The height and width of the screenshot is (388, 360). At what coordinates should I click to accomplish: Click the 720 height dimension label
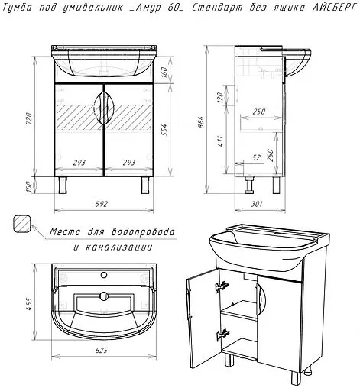[30, 118]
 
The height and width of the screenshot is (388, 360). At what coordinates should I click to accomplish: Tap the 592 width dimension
[102, 204]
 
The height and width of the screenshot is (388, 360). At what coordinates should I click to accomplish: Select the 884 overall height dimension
[201, 122]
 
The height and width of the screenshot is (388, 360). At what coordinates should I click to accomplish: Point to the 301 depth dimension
[257, 204]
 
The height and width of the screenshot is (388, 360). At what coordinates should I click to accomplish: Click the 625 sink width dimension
[102, 351]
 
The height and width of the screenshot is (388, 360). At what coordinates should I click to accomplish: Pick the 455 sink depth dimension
[30, 304]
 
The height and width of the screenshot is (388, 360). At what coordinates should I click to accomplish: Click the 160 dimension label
[164, 72]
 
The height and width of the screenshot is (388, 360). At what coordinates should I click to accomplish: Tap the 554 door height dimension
[164, 130]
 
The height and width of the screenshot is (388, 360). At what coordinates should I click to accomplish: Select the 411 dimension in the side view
[220, 141]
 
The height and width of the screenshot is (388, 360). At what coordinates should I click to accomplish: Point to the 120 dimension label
[220, 97]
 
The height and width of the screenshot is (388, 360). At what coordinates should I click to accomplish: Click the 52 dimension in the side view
[257, 158]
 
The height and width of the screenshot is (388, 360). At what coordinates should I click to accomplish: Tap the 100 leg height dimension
[29, 187]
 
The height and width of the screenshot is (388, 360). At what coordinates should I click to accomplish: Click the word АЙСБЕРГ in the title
[334, 8]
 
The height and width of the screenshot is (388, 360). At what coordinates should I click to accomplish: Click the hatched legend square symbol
[22, 224]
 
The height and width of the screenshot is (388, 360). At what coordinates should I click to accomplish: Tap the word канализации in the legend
[118, 247]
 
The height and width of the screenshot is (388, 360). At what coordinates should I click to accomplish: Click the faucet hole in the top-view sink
[104, 275]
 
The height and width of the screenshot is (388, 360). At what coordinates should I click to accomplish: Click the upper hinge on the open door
[222, 286]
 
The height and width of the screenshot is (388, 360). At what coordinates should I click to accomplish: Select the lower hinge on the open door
[222, 335]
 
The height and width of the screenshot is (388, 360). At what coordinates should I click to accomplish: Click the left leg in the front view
[63, 186]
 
